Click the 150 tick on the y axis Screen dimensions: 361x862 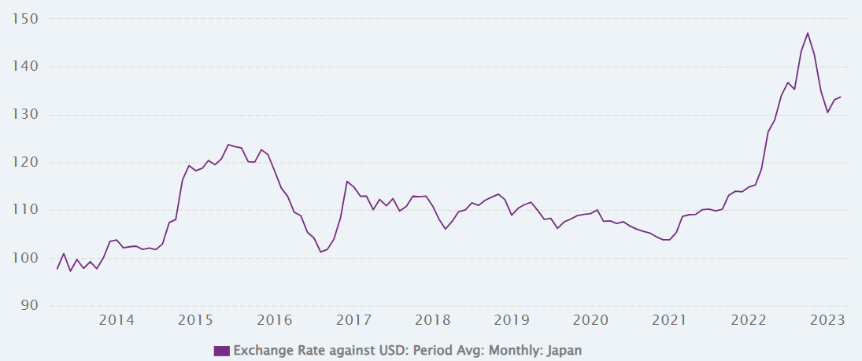[29, 19]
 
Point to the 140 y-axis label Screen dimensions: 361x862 [29, 67]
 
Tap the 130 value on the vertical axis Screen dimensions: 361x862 [29, 115]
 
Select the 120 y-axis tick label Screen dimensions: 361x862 [29, 163]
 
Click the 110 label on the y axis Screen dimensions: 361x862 [29, 211]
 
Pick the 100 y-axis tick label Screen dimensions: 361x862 [29, 259]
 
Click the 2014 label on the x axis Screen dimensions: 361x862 [117, 320]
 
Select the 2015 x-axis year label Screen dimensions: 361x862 [195, 320]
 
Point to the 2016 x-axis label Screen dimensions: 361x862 [275, 320]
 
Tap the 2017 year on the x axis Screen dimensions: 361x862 [353, 320]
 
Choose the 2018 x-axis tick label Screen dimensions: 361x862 [432, 320]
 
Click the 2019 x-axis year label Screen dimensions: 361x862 [512, 320]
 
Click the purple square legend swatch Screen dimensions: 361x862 [221, 351]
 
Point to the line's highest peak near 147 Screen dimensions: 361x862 [808, 33]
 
